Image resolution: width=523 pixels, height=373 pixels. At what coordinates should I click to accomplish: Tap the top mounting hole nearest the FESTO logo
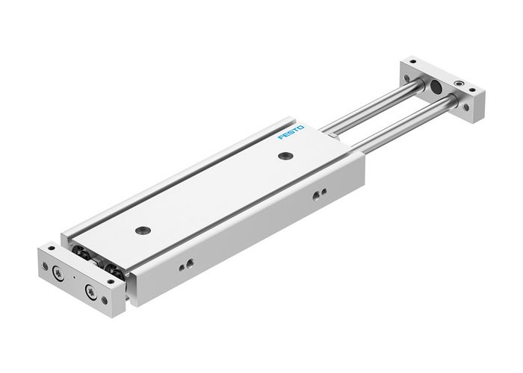tap(285, 155)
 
